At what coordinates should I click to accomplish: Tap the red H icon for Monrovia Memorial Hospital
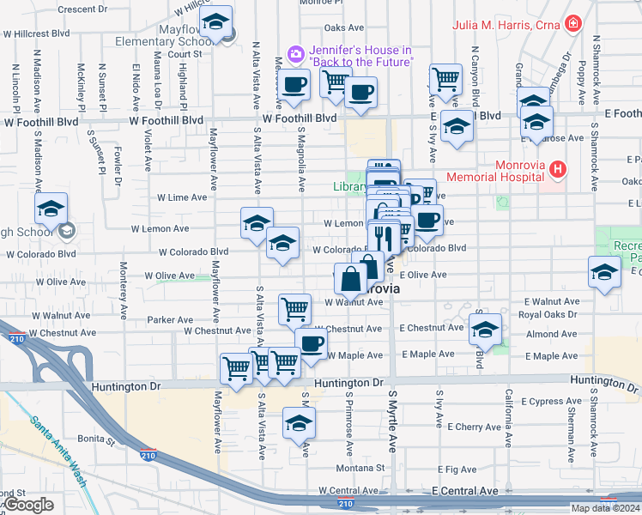pyautogui.click(x=559, y=169)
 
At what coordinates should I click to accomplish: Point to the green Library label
pyautogui.click(x=348, y=186)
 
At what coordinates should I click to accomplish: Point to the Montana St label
pyautogui.click(x=359, y=468)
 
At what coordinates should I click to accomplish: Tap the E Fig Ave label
pyautogui.click(x=456, y=470)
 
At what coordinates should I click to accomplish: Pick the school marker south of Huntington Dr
pyautogui.click(x=300, y=423)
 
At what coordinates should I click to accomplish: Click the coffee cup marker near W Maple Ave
pyautogui.click(x=311, y=343)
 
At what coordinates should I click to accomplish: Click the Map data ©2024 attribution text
pyautogui.click(x=605, y=508)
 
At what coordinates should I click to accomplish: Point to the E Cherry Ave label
pyautogui.click(x=462, y=427)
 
